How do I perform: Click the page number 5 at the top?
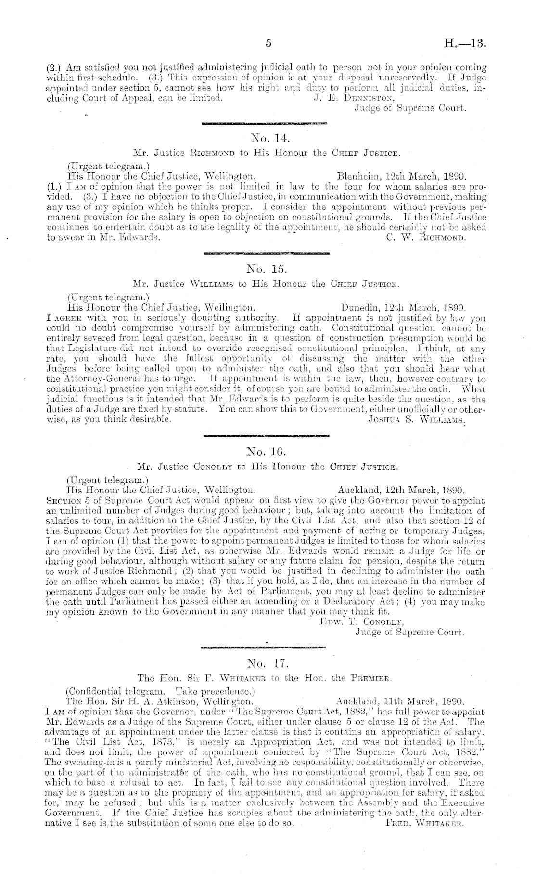tap(268, 44)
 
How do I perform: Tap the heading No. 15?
tap(268, 269)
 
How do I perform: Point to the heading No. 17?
tap(267, 664)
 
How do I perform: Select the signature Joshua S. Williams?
tap(417, 419)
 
